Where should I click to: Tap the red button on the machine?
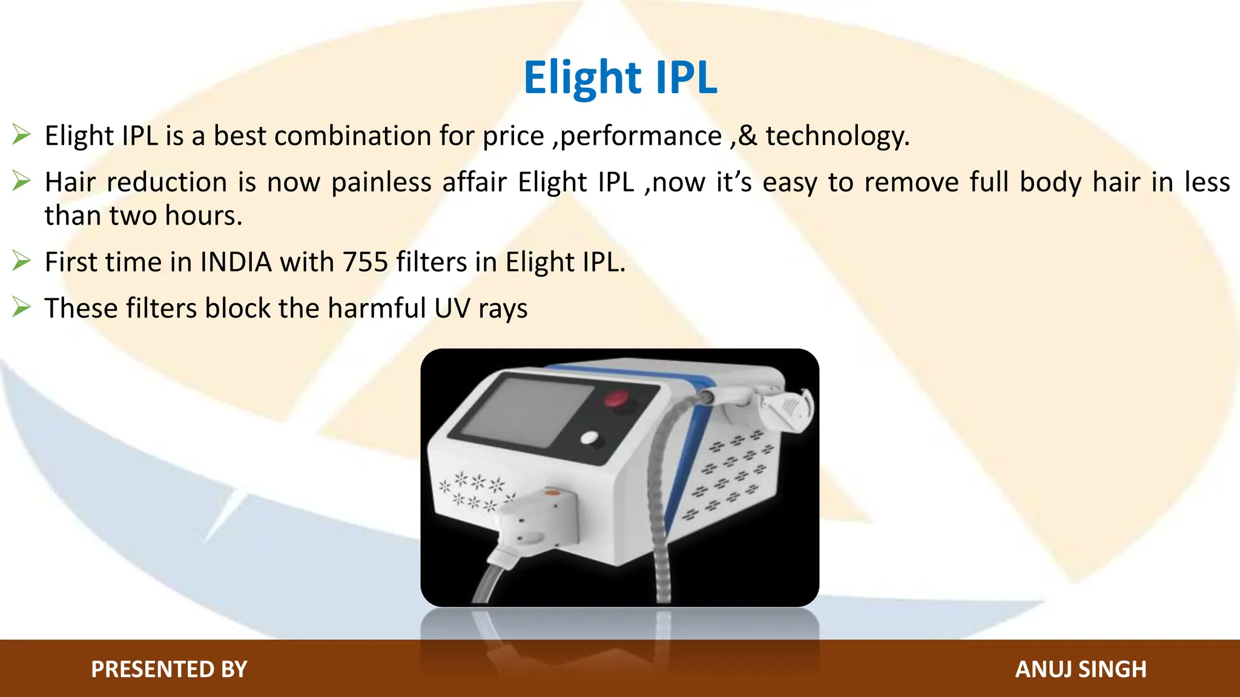(616, 399)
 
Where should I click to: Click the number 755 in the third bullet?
(365, 263)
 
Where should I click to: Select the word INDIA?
(236, 263)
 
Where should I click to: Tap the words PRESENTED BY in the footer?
(169, 669)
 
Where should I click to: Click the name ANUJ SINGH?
(1081, 669)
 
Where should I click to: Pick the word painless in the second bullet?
(381, 182)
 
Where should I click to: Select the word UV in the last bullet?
(452, 309)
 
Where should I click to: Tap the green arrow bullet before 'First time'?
(21, 261)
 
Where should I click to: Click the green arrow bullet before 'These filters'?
(21, 307)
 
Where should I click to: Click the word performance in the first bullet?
(641, 136)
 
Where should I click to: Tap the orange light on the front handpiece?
(552, 494)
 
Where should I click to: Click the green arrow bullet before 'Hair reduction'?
(21, 181)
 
